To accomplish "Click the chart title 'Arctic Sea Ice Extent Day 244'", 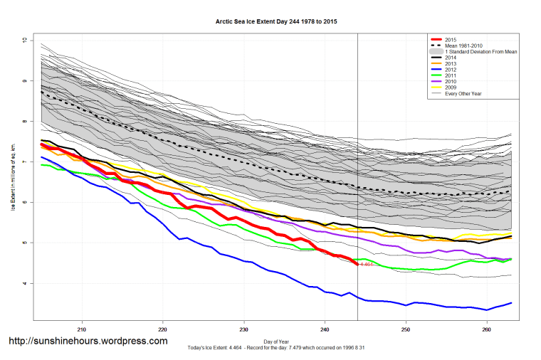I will (x=276, y=22).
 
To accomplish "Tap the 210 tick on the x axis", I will (x=82, y=329).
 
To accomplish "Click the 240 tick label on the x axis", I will (x=325, y=329).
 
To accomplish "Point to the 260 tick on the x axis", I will (x=487, y=329).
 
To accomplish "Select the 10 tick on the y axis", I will (x=24, y=41).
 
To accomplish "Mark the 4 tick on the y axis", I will (x=24, y=284).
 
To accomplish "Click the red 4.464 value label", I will (x=367, y=265).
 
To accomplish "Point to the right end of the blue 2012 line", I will (x=511, y=303).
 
